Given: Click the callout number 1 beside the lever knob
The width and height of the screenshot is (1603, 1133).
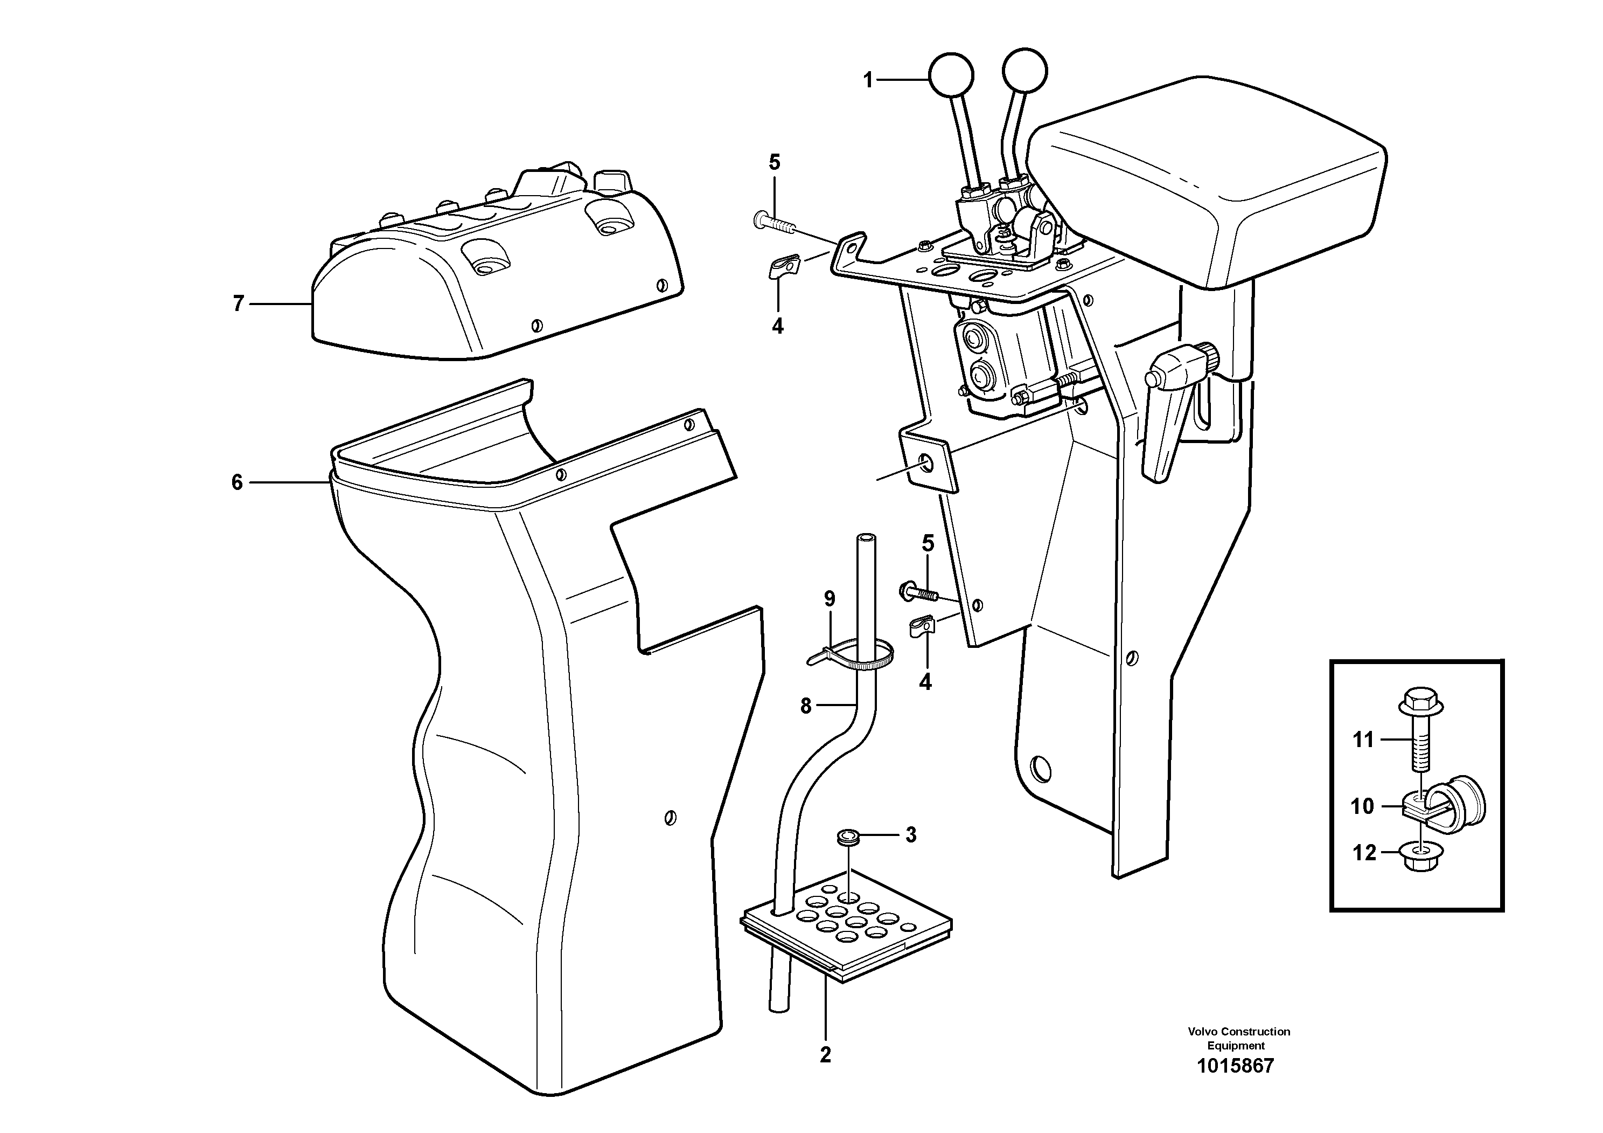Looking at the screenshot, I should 868,80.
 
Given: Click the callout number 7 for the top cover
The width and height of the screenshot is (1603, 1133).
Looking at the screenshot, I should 238,304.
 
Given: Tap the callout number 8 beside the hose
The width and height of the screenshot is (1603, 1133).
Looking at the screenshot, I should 806,706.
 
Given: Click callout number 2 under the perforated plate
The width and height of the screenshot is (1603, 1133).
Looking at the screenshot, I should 825,1055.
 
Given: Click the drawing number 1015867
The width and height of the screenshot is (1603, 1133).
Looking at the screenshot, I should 1235,1085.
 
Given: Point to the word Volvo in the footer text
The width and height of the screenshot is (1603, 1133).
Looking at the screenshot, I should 1202,1031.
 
